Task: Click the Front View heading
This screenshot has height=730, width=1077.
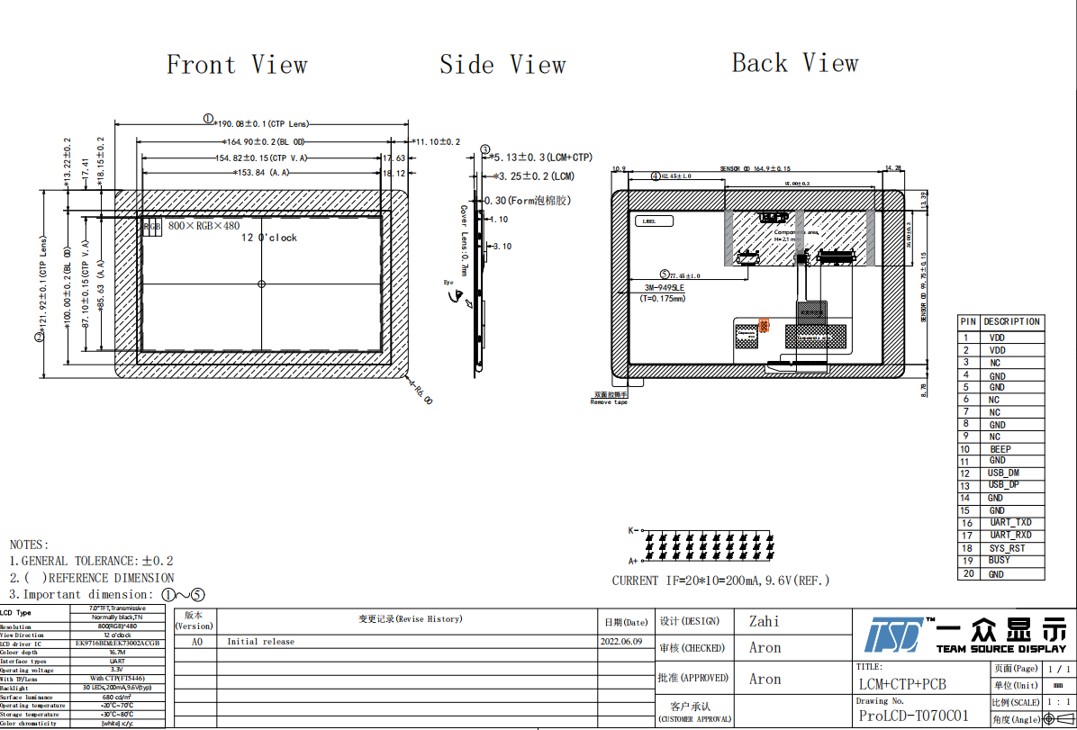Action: pyautogui.click(x=237, y=65)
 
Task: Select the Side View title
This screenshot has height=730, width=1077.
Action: pyautogui.click(x=502, y=65)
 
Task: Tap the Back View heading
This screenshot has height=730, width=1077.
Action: pyautogui.click(x=795, y=63)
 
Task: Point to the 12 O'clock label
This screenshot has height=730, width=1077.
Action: pyautogui.click(x=268, y=238)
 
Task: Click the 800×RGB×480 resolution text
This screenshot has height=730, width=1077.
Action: pyautogui.click(x=204, y=225)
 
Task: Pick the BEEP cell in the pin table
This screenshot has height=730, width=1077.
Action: pyautogui.click(x=1000, y=449)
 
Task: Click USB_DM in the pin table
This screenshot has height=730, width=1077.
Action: pyautogui.click(x=1003, y=473)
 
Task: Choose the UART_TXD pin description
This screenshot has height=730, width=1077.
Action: pyautogui.click(x=1010, y=523)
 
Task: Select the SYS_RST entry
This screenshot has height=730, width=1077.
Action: pyautogui.click(x=1007, y=548)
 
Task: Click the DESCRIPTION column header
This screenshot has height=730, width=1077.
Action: pyautogui.click(x=1011, y=321)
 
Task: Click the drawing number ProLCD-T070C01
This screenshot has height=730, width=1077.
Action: pyautogui.click(x=914, y=716)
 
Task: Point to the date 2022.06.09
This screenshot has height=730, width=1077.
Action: pyautogui.click(x=621, y=642)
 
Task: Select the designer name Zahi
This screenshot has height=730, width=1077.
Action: pyautogui.click(x=765, y=621)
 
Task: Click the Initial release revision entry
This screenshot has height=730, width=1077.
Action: pyautogui.click(x=260, y=642)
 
